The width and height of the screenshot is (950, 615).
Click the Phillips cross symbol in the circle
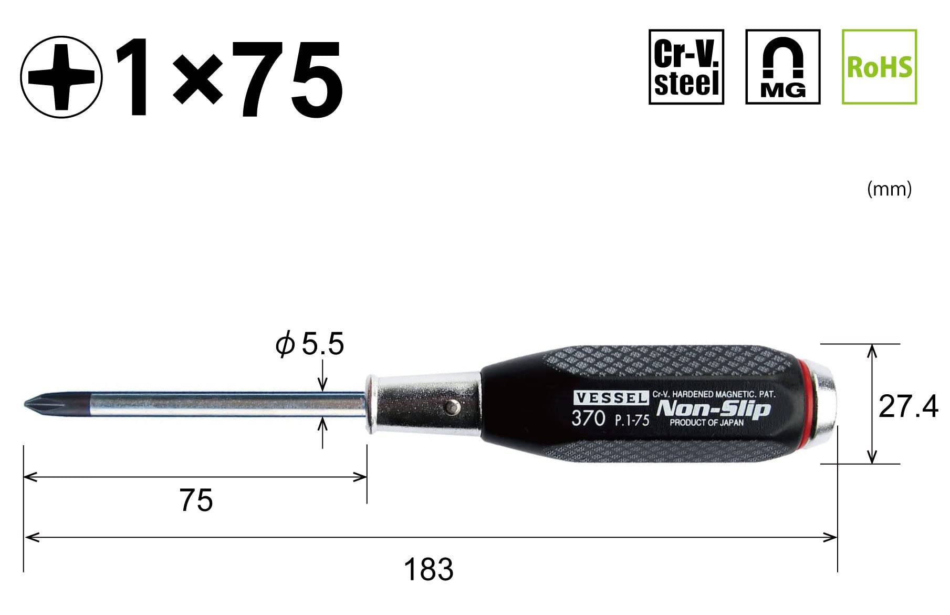point(61,76)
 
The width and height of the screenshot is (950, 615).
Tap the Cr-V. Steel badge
point(686,67)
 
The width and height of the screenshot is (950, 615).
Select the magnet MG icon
point(782,67)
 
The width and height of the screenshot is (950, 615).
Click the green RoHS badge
point(879,67)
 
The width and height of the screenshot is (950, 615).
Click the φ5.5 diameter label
point(310,345)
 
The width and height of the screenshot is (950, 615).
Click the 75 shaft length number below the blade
point(196,500)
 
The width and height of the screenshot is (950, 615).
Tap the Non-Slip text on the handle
point(713,409)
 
